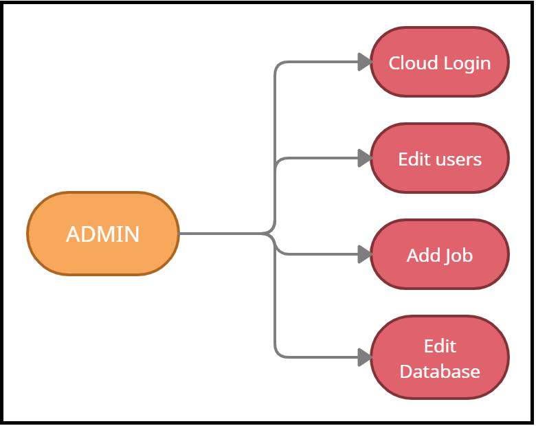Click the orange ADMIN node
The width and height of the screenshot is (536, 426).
coord(103,234)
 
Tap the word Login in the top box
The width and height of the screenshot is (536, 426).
coord(467,64)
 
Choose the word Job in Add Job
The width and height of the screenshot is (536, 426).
coord(458,256)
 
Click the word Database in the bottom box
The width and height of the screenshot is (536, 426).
coord(440,372)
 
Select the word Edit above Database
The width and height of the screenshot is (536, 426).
coord(440,346)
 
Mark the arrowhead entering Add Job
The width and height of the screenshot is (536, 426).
coord(364,255)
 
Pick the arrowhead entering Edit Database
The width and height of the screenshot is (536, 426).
coord(364,357)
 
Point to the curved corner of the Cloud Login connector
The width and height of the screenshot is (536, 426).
coord(278,67)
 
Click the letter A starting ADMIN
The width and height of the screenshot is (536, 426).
coord(72,234)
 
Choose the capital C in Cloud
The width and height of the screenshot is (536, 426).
coord(395,63)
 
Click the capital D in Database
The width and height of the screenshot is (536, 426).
coord(406,372)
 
